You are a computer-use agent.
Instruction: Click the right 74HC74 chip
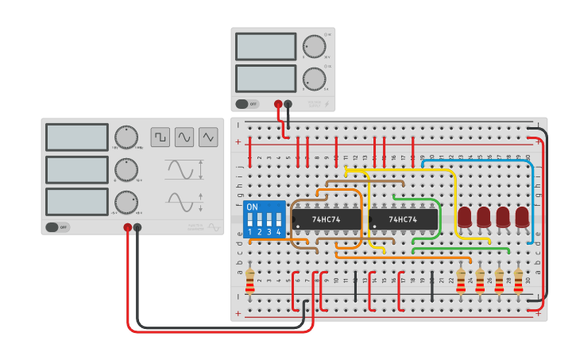(x=404, y=219)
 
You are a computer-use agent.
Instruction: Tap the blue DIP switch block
(x=265, y=219)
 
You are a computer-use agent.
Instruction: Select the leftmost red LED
(x=464, y=217)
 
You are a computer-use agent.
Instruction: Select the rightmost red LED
(x=522, y=217)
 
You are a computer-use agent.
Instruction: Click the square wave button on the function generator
(x=160, y=137)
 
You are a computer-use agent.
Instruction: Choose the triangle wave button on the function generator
(x=208, y=137)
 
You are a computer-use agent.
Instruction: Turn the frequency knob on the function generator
(x=126, y=137)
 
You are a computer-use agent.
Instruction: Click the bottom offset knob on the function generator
(x=126, y=202)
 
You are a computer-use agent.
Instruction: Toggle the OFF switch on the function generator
(x=57, y=227)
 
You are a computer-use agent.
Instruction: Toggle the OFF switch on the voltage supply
(x=247, y=103)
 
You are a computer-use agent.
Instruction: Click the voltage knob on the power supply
(x=314, y=46)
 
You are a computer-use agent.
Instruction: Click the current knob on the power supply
(x=314, y=78)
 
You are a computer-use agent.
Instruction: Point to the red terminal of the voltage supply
(x=278, y=103)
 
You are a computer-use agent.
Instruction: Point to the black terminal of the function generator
(x=137, y=227)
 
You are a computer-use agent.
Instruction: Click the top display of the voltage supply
(x=265, y=46)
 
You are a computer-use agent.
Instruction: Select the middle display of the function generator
(x=76, y=169)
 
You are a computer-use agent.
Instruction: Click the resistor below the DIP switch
(x=250, y=280)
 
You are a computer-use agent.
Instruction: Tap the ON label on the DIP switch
(x=252, y=207)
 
